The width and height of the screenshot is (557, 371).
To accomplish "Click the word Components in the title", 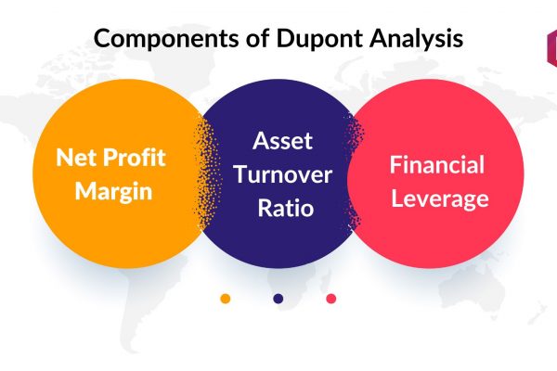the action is coord(166,38).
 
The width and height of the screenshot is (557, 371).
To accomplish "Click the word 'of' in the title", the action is coord(257,38).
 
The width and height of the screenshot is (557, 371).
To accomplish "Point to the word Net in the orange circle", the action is coord(76,158).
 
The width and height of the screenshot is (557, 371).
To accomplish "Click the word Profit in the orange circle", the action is coord(134,157).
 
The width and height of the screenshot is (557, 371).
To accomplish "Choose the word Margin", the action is coord(113,192).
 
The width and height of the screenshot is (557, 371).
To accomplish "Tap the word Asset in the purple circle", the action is coord(283,141).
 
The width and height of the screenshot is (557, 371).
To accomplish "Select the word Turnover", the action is coord(283,174).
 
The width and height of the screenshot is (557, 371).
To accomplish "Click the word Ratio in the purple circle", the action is coord(286,208).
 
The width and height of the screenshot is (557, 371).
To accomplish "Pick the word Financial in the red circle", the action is coord(437,165).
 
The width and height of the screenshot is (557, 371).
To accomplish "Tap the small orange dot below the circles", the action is coord(226,299).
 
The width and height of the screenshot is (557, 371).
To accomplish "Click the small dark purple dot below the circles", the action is coord(278,299).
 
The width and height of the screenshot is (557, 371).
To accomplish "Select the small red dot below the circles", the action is coord(331,299).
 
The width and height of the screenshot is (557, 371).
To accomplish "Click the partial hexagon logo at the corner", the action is coord(551,48).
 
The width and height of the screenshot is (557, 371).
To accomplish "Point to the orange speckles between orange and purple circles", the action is coord(208,173).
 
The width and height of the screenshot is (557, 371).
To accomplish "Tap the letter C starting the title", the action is coord(103,38).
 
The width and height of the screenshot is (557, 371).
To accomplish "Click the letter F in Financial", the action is coord(395,165).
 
